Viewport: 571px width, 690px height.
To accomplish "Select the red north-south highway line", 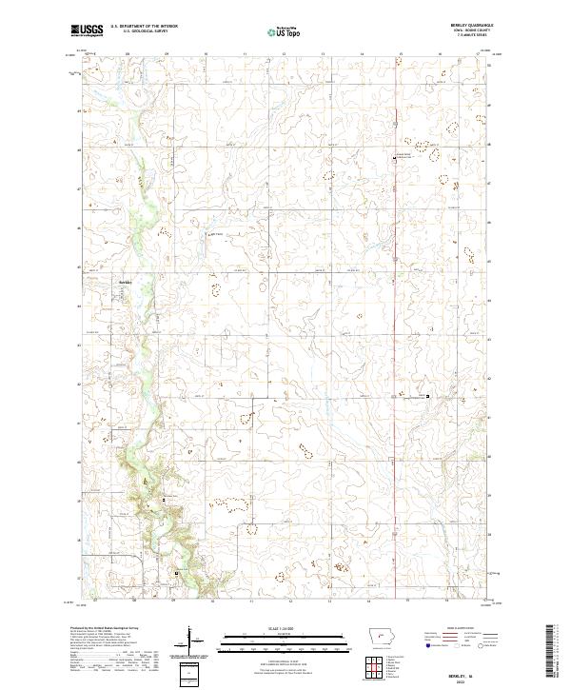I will click(x=396, y=333).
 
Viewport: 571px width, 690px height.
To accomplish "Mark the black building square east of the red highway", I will click(x=427, y=396).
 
